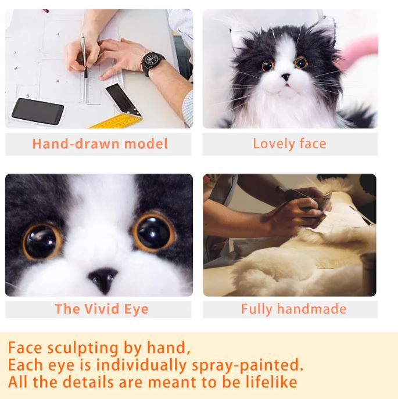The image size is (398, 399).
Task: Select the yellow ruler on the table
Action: (116, 121)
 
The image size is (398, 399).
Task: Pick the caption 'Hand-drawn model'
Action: (99, 144)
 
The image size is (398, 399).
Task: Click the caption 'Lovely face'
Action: (289, 144)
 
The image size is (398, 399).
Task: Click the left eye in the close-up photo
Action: (42, 240)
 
